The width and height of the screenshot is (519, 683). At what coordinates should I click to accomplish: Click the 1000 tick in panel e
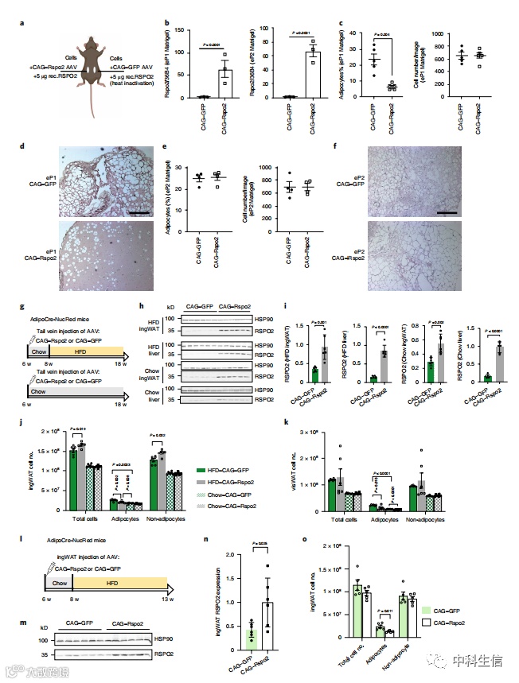tap(267, 149)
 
